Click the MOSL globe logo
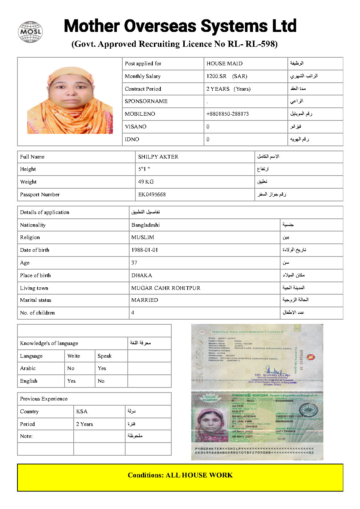click(x=30, y=32)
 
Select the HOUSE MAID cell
click(x=224, y=63)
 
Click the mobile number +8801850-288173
click(x=228, y=114)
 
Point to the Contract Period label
click(x=143, y=89)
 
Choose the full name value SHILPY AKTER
click(x=158, y=157)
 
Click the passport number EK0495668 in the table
click(x=152, y=194)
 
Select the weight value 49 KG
click(x=146, y=182)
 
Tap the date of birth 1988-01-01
click(x=144, y=250)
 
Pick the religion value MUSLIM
click(x=143, y=237)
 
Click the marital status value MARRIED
click(x=144, y=300)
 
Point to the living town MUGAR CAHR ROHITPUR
click(x=166, y=288)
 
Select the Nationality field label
click(x=33, y=225)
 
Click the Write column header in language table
click(x=74, y=356)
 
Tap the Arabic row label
click(x=28, y=368)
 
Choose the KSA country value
click(x=82, y=411)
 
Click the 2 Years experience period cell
click(x=85, y=424)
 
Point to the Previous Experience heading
click(x=44, y=399)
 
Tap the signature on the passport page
click(x=274, y=371)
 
